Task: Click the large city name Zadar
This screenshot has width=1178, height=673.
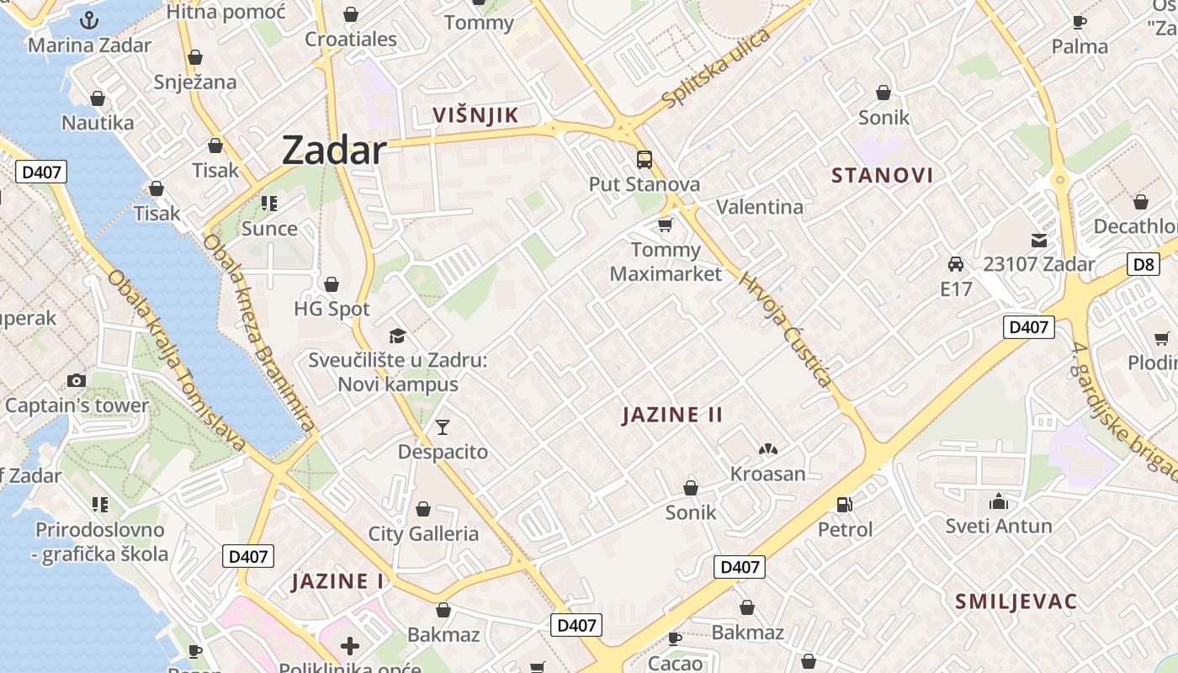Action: (x=334, y=151)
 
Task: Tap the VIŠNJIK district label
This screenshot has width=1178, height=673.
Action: (x=475, y=115)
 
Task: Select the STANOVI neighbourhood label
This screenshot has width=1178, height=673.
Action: (x=883, y=175)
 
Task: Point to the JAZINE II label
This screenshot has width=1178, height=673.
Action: (x=673, y=415)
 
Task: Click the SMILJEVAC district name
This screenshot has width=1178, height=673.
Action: (x=1016, y=601)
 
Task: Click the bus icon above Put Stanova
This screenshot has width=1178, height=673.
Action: (x=645, y=159)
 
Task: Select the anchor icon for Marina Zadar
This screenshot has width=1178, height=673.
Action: (x=89, y=20)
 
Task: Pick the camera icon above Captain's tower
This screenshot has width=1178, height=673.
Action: (x=77, y=380)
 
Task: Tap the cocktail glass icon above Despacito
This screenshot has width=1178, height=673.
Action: (x=443, y=427)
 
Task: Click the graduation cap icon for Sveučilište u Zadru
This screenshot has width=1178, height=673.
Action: (x=397, y=336)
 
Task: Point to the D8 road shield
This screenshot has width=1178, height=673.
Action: (x=1144, y=264)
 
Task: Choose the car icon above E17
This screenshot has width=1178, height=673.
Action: (x=956, y=264)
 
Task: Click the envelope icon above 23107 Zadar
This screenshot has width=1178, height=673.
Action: (x=1039, y=240)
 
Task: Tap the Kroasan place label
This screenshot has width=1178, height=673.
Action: (x=767, y=474)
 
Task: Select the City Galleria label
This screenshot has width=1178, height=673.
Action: (x=423, y=533)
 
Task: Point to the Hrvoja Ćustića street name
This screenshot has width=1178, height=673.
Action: (x=786, y=329)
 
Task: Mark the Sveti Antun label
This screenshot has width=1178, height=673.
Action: (x=999, y=526)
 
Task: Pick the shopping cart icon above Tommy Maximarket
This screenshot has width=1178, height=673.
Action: (x=666, y=225)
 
